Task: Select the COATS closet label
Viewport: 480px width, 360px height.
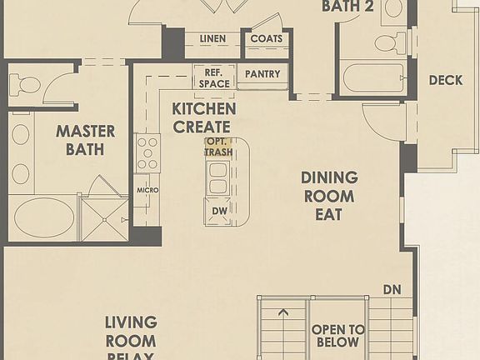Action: pos(266,39)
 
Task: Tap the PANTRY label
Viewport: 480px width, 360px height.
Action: pos(262,74)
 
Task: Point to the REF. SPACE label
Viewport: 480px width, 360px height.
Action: pos(212,78)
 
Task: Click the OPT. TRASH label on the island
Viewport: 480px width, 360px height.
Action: pos(219,147)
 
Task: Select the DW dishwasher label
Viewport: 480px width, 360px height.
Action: pos(219,212)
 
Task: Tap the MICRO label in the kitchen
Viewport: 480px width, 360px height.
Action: pos(147,190)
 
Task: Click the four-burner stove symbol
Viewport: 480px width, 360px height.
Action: pos(147,153)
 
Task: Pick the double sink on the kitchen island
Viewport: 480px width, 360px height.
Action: pos(219,177)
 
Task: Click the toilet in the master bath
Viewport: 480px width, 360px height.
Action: pos(25,85)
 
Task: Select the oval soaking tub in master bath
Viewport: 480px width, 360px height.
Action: pos(43,217)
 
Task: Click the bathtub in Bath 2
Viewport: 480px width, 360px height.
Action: pos(372,80)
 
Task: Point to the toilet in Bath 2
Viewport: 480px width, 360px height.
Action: pos(387,42)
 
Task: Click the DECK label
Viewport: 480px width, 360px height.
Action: pos(446,81)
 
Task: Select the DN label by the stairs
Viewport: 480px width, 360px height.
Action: pos(392,290)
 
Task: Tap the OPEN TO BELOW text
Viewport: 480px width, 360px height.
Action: pos(337,336)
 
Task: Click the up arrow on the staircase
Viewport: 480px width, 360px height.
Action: pos(284,313)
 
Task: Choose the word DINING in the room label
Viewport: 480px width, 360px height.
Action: pos(329,177)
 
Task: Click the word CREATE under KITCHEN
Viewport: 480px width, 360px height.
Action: pos(201,127)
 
